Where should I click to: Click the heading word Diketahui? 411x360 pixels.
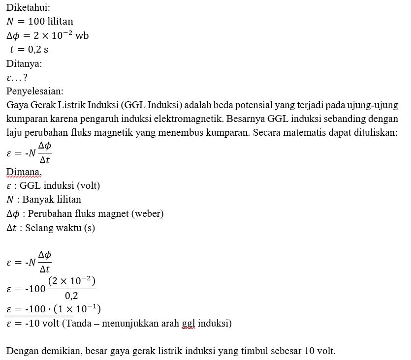point(28,8)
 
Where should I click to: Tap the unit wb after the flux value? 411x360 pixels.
point(82,36)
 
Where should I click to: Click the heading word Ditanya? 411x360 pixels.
point(24,63)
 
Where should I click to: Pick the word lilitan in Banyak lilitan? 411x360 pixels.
point(67,200)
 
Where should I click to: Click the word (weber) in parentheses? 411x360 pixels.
point(147,214)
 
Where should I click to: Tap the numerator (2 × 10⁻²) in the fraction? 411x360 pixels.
point(72,281)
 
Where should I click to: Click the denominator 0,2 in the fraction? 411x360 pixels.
point(72,296)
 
